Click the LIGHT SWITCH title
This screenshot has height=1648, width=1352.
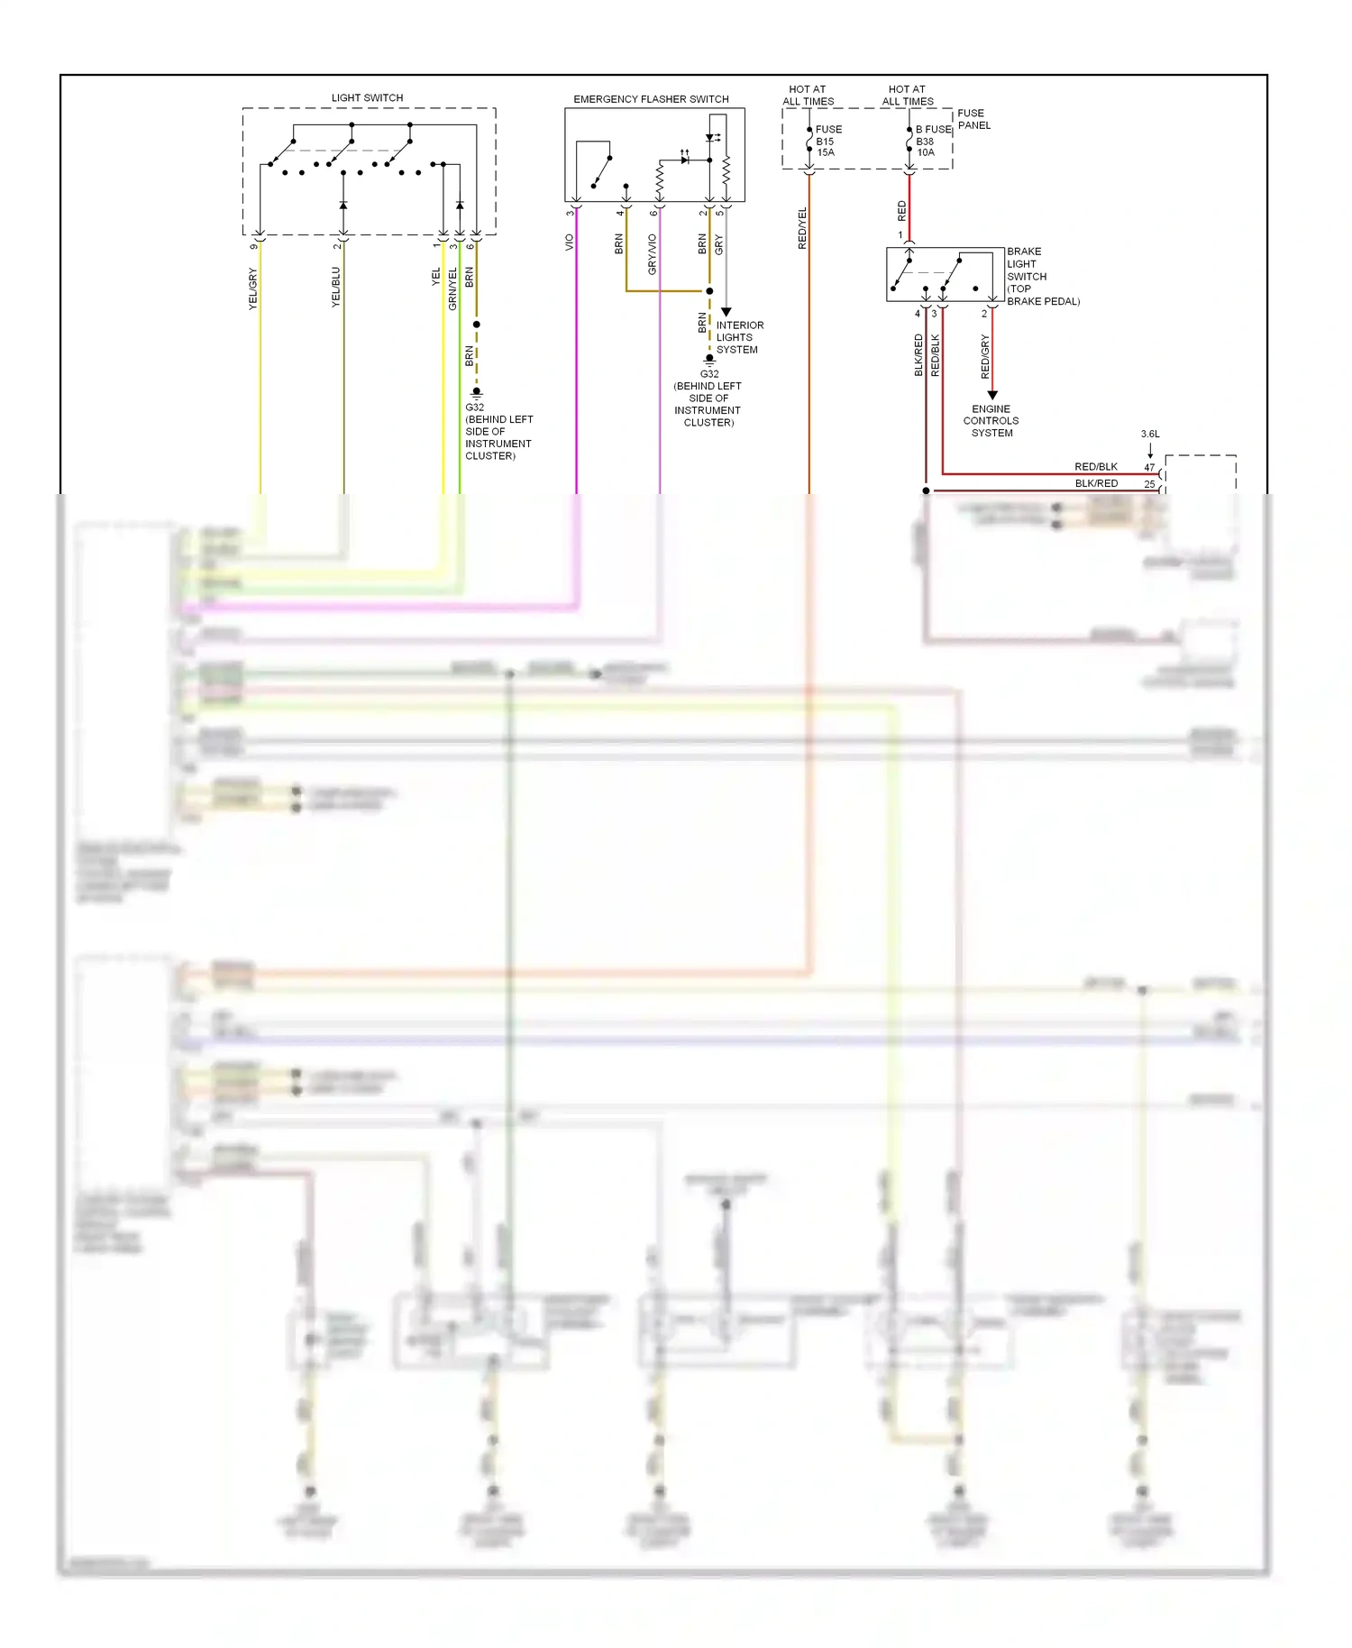point(367,97)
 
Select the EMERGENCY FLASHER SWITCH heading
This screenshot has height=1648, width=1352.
point(651,99)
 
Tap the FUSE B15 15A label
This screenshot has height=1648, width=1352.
point(827,141)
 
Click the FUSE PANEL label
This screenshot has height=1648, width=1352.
point(973,119)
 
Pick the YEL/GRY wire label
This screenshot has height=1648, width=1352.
point(253,288)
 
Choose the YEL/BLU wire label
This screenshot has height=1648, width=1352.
point(336,287)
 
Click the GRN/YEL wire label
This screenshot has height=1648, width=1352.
point(452,288)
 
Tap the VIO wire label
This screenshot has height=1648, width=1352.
point(570,243)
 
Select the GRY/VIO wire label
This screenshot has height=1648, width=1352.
point(653,254)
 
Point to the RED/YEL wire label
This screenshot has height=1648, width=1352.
point(802,228)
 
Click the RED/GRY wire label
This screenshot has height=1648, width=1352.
point(985,356)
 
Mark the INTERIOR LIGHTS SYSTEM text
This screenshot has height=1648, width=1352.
point(739,337)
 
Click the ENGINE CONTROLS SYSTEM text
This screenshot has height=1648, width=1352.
point(991,421)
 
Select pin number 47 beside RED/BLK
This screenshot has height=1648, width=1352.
point(1149,467)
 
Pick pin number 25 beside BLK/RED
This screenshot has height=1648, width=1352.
point(1149,484)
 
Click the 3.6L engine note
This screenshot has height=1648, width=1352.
point(1150,434)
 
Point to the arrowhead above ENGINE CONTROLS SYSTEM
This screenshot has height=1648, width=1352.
point(992,395)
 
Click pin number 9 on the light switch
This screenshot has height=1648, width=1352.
point(253,245)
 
